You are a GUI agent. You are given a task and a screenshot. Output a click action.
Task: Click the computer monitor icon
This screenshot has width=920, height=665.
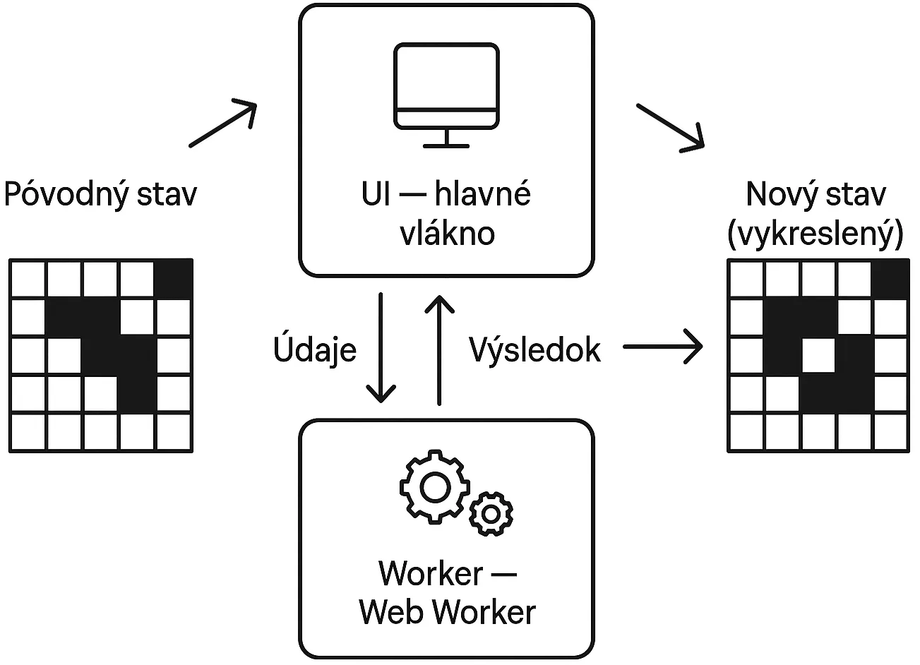coord(446,88)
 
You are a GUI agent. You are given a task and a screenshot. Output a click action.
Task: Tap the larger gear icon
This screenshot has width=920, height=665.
coord(434,486)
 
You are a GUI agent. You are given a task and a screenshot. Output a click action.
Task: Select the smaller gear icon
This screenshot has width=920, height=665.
coord(491,513)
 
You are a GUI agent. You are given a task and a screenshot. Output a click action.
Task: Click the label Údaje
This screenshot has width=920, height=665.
coord(315,350)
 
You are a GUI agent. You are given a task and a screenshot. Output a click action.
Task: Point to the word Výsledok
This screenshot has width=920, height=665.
coord(534,349)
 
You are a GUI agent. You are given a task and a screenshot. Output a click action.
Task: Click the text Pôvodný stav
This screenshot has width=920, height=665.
coord(100,194)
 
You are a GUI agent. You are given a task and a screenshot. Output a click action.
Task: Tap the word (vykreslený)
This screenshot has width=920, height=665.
coord(815,234)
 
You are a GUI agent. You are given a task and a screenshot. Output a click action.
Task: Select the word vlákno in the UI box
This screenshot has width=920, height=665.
coord(448,233)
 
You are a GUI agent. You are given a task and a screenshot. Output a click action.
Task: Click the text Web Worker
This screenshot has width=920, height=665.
coord(448,611)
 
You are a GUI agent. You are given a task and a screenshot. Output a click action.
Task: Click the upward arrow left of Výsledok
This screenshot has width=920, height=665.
coord(440,349)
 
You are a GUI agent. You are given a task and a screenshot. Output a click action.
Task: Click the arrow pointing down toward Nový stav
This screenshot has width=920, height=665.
coord(671,126)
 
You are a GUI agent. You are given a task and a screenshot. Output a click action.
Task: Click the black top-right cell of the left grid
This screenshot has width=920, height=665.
coord(174,278)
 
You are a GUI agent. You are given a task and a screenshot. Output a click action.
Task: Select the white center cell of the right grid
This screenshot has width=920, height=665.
coord(818,355)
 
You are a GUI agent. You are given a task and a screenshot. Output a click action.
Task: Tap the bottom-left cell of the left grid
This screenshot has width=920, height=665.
coord(28,432)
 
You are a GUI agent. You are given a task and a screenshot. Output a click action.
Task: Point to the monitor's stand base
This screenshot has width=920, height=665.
coord(446,145)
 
